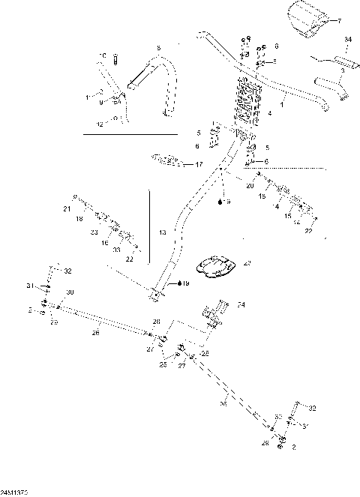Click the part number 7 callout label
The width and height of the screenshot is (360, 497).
[x=338, y=21]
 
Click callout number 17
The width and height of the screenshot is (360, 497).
[x=199, y=164]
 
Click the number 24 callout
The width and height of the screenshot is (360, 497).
[x=241, y=305]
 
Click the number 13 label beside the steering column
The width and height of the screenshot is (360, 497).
[x=162, y=233]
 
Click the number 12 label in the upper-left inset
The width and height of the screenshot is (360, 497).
[x=100, y=123]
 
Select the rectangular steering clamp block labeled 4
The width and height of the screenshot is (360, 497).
[x=247, y=101]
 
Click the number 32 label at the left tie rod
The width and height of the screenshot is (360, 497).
[x=67, y=271]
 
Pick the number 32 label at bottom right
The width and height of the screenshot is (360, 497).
[x=312, y=409]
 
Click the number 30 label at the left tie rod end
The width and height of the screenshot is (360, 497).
[x=70, y=292]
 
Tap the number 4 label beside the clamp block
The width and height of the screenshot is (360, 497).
[x=270, y=114]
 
